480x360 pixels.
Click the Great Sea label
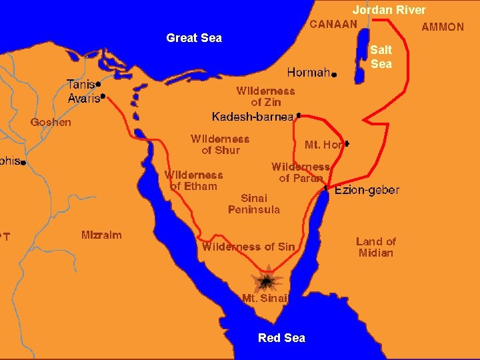[x=194, y=38]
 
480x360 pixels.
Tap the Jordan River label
[x=389, y=10]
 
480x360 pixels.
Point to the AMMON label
[x=443, y=27]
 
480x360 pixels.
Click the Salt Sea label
[x=381, y=57]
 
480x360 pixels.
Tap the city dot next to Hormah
[x=334, y=75]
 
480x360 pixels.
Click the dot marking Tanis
[x=98, y=85]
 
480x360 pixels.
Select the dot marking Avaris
[x=103, y=96]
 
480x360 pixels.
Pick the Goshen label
[x=51, y=123]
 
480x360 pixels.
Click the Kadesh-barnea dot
[x=299, y=115]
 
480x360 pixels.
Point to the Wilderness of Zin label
[x=265, y=97]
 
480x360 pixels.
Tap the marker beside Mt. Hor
[x=347, y=143]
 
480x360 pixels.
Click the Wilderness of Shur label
[x=220, y=145]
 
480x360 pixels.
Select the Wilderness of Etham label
[x=194, y=181]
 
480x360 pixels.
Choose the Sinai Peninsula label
[x=254, y=203]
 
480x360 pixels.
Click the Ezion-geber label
[x=367, y=190]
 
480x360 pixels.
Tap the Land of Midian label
[x=376, y=247]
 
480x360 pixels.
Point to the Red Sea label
[x=281, y=338]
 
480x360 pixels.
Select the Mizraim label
[x=101, y=235]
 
